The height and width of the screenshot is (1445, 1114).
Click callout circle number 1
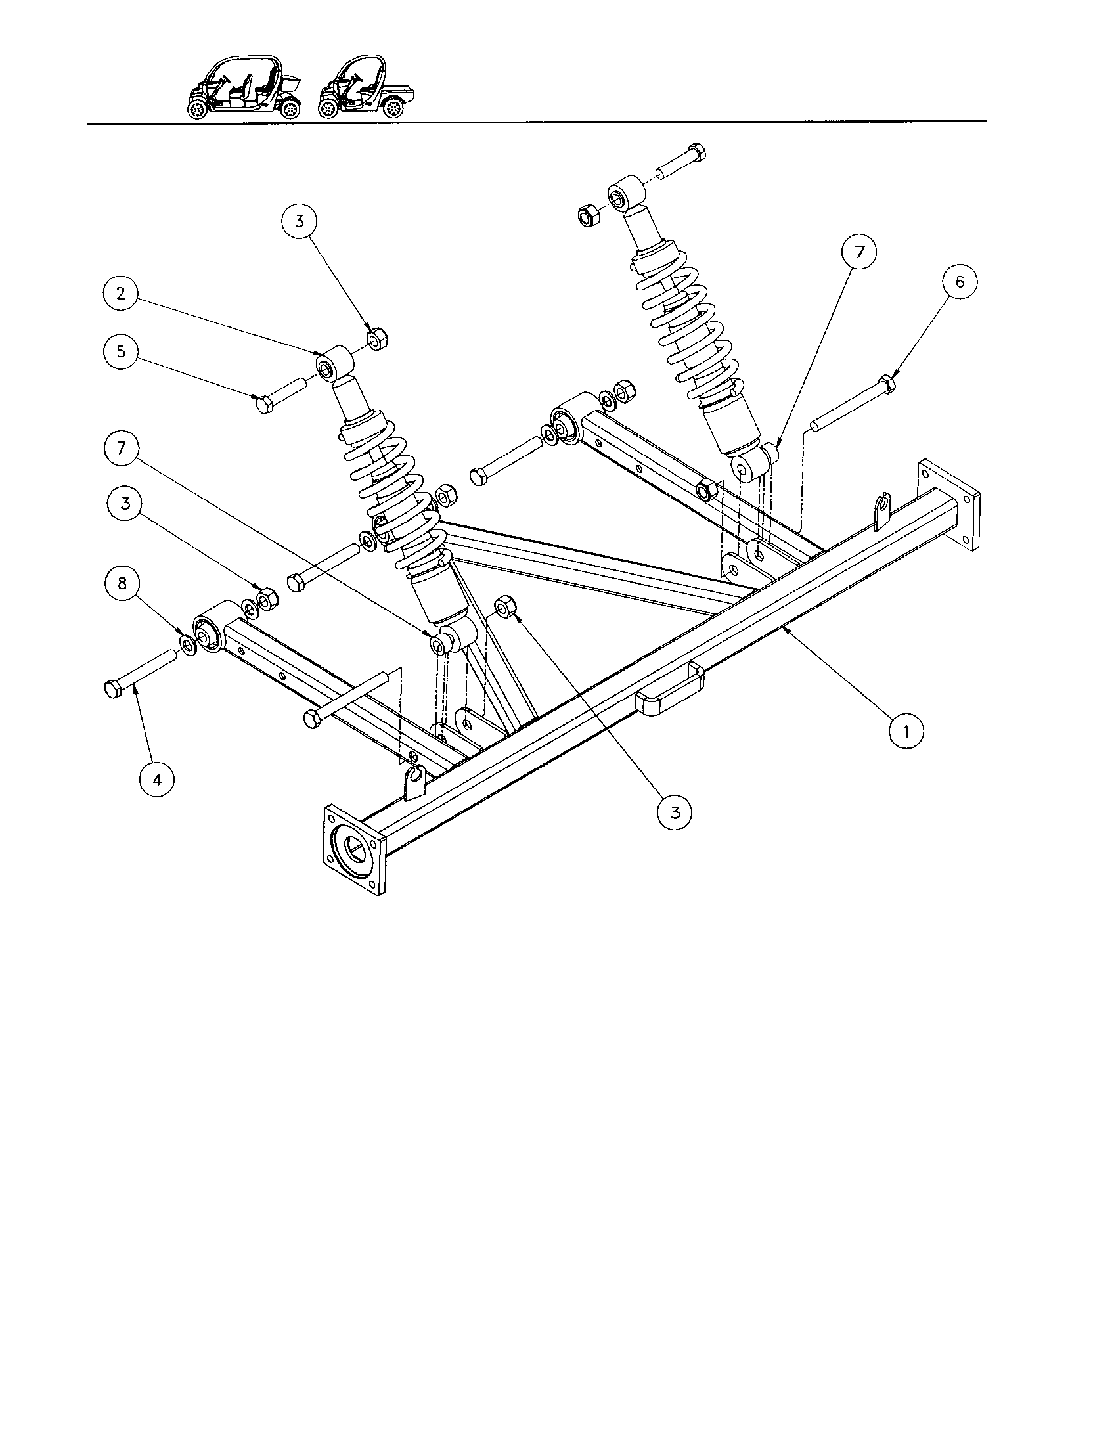905,732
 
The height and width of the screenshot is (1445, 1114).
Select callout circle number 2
120,294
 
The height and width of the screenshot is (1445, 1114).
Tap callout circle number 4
157,780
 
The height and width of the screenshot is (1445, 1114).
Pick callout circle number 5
120,351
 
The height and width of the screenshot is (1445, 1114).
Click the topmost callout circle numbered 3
299,221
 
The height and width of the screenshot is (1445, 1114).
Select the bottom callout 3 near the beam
674,812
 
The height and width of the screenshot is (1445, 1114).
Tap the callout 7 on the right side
858,253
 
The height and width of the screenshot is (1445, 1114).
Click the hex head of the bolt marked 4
112,690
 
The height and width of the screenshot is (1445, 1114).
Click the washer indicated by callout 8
187,644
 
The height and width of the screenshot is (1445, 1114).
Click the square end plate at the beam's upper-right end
948,506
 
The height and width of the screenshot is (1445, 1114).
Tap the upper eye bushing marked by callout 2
332,362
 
